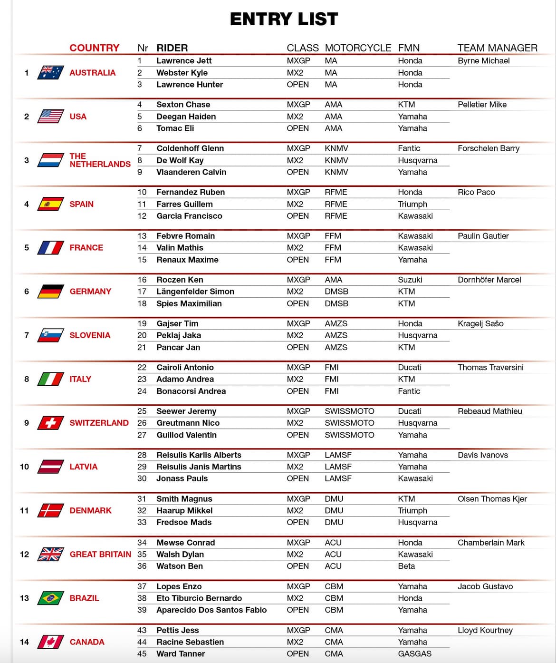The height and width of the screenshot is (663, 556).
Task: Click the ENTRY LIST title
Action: [284, 19]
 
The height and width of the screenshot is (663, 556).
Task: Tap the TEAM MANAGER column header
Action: [497, 48]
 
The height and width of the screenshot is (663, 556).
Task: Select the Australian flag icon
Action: [50, 73]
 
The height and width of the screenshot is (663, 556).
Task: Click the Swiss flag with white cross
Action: [50, 423]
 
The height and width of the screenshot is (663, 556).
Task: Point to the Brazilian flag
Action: [50, 598]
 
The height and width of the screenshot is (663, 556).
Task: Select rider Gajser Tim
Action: [177, 323]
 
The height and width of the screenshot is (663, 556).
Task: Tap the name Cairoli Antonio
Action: [185, 367]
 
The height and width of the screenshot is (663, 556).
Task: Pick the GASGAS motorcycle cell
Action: [414, 653]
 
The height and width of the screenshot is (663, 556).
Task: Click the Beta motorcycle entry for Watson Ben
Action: [406, 566]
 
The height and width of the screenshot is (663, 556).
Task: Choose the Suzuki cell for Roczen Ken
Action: [410, 280]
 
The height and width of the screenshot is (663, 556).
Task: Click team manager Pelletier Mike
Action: [482, 105]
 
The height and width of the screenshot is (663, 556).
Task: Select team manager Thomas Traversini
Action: [490, 367]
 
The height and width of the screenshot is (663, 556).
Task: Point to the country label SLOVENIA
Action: [90, 335]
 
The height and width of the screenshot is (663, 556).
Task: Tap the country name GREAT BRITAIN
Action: [100, 554]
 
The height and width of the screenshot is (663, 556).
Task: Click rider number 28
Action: [142, 455]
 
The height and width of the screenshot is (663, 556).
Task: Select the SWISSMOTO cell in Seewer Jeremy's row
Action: [349, 411]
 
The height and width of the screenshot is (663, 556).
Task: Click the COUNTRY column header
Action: [94, 48]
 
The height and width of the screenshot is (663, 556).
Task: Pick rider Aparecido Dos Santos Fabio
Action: [211, 610]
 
